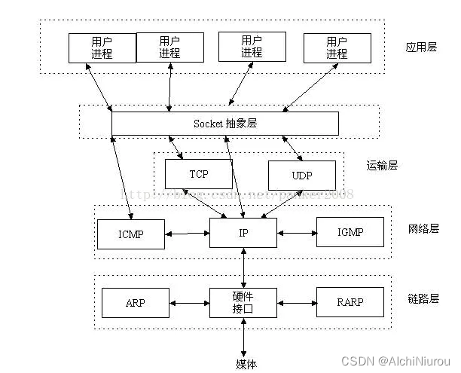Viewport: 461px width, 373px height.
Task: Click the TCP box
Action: [198, 174]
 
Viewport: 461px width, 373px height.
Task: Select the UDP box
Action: [301, 175]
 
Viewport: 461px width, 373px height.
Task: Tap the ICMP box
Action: [130, 233]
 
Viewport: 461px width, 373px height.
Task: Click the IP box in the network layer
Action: [243, 232]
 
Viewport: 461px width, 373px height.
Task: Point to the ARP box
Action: [136, 303]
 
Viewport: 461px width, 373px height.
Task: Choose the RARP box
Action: [350, 303]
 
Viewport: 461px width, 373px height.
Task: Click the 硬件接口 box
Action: [243, 302]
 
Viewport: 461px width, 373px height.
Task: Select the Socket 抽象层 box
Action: [224, 123]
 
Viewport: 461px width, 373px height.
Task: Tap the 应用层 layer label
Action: [421, 47]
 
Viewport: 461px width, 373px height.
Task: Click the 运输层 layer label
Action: [382, 166]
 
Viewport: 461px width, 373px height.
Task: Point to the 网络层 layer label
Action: [421, 228]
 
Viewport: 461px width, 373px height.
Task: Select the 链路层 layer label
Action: [421, 299]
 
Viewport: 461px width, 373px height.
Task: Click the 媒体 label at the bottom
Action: [246, 364]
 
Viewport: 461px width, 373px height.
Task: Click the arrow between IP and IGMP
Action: [297, 233]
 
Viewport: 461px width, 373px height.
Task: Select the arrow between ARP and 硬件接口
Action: [189, 303]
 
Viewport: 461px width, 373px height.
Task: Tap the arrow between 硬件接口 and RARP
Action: [297, 303]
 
